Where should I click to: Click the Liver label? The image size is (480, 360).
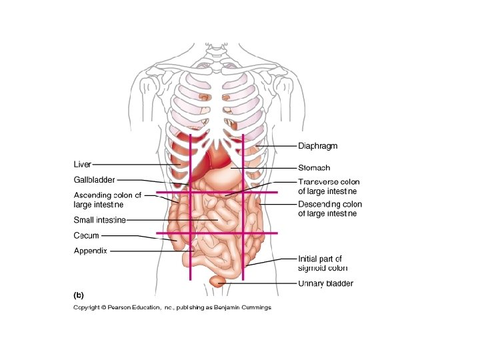[x=82, y=164]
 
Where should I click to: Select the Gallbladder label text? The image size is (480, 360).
[x=94, y=179]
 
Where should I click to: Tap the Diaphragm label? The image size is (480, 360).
[x=317, y=146]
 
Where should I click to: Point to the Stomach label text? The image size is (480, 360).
[x=314, y=168]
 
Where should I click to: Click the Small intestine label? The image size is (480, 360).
[x=99, y=219]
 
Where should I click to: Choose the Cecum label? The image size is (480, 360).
[x=86, y=235]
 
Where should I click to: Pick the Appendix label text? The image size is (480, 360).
[x=90, y=251]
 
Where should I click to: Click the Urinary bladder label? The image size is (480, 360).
[x=325, y=283]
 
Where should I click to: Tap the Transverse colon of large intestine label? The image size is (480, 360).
[x=329, y=187]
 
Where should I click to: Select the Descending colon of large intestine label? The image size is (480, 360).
[x=330, y=209]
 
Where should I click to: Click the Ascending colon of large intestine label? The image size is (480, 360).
[x=107, y=200]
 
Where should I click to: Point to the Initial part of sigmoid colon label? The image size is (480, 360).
[x=323, y=263]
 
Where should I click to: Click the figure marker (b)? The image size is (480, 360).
[x=78, y=293]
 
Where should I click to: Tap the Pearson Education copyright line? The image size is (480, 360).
[x=172, y=307]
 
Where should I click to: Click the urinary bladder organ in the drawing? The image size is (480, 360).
[x=217, y=281]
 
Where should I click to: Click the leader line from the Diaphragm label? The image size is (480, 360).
[x=277, y=146]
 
